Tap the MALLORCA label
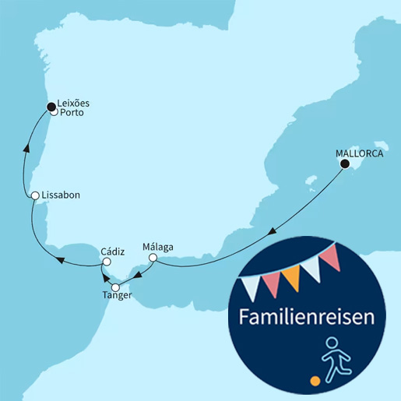click(x=359, y=153)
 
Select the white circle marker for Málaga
click(x=153, y=258)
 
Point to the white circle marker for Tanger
click(x=117, y=287)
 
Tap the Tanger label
click(x=118, y=296)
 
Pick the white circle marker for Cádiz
click(x=107, y=262)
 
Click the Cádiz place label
click(x=113, y=252)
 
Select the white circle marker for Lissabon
click(x=35, y=195)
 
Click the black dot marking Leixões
click(x=51, y=106)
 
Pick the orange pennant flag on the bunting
click(x=290, y=278)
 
